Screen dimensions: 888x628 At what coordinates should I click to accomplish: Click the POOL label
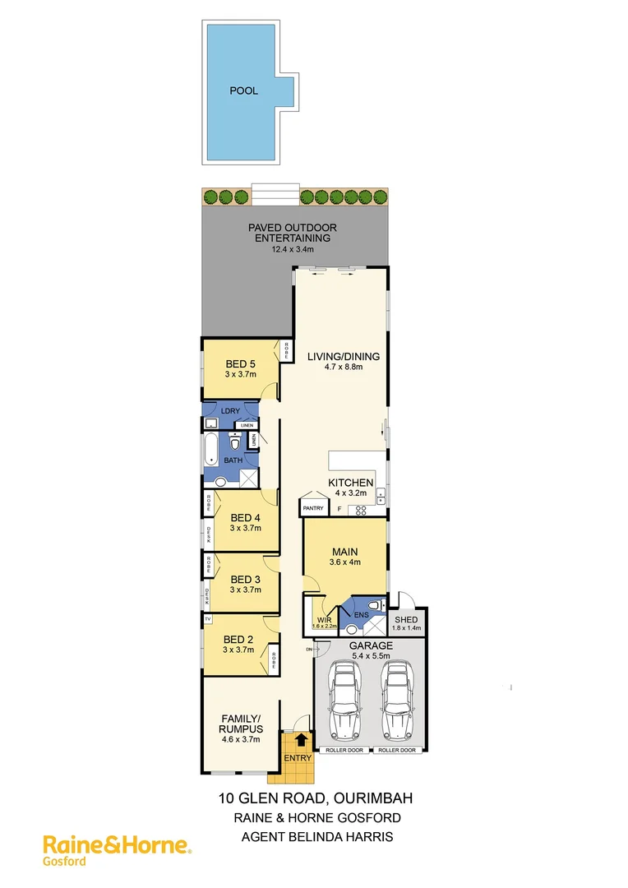point(243,90)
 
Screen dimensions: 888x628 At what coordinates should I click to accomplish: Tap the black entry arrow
point(297,740)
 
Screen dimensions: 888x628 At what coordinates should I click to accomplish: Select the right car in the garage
point(398,701)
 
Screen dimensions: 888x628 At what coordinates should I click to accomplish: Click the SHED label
point(406,619)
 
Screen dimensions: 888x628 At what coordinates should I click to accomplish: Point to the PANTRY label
point(313,509)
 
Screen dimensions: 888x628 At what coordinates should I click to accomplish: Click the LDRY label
point(231,409)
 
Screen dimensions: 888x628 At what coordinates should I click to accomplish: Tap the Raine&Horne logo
point(116,844)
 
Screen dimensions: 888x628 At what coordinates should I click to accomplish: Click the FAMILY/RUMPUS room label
point(240,724)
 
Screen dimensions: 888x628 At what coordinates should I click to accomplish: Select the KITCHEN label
point(351,483)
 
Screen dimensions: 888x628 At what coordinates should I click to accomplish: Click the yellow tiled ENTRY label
point(297,758)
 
